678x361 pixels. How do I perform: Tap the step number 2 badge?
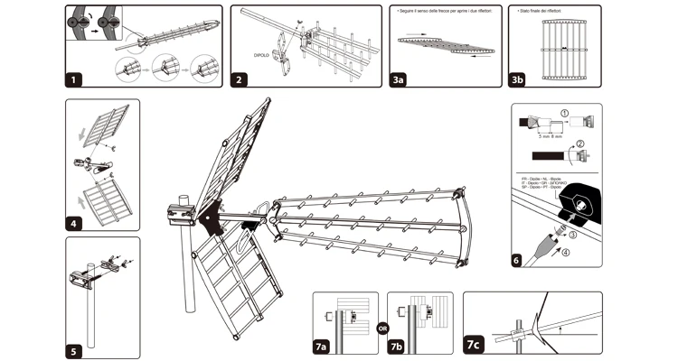[x=240, y=79]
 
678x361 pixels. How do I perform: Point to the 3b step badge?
[x=517, y=79]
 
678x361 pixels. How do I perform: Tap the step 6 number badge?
[x=516, y=260]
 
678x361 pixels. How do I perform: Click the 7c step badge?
[x=474, y=344]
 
